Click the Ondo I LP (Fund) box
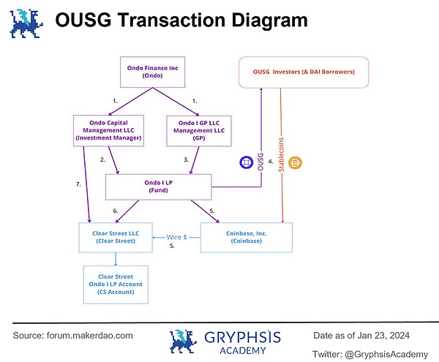tap(159, 186)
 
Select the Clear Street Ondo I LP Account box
tap(116, 284)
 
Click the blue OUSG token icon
tap(246, 162)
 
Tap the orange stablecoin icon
tap(297, 162)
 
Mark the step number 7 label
tap(78, 184)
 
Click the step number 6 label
tap(115, 211)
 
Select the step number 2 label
tap(102, 159)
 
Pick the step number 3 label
tap(187, 159)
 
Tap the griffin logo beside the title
tap(26, 21)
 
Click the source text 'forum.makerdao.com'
tap(93, 335)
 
